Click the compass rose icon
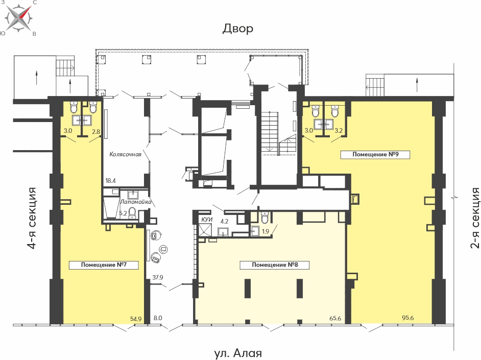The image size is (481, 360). pyautogui.click(x=19, y=18)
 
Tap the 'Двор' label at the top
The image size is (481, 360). pyautogui.click(x=238, y=29)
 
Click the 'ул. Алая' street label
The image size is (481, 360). pyautogui.click(x=238, y=353)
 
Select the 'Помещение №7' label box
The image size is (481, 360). pyautogui.click(x=104, y=265)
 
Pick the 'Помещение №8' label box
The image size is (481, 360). pyautogui.click(x=275, y=265)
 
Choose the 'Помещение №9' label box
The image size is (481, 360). pyautogui.click(x=375, y=154)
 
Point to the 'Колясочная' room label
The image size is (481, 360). pyautogui.click(x=126, y=154)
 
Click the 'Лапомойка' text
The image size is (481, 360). pyautogui.click(x=135, y=202)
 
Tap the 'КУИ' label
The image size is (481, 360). pyautogui.click(x=207, y=220)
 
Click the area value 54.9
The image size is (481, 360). pyautogui.click(x=136, y=319)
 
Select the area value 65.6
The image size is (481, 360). pyautogui.click(x=335, y=318)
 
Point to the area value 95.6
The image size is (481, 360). pyautogui.click(x=407, y=318)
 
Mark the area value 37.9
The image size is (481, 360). pyautogui.click(x=158, y=277)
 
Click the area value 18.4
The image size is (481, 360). pyautogui.click(x=110, y=181)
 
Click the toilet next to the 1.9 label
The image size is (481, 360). pyautogui.click(x=264, y=218)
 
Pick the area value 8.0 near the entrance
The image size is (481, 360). pyautogui.click(x=158, y=318)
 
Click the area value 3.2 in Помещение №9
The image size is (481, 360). pyautogui.click(x=339, y=131)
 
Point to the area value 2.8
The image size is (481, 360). pyautogui.click(x=96, y=132)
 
